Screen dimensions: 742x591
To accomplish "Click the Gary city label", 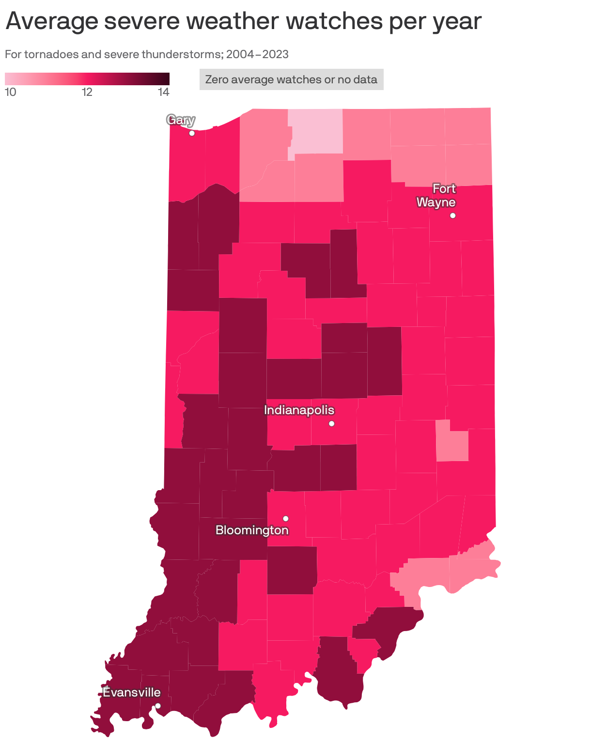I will [181, 120].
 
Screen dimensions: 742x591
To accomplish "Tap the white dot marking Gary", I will [192, 133].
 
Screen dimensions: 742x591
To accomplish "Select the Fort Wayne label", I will [436, 195].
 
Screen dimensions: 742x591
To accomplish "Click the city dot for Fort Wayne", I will [453, 216].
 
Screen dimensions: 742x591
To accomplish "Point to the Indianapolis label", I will [299, 410].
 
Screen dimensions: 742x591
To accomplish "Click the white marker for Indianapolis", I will [332, 424].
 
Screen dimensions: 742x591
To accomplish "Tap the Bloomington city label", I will [252, 530].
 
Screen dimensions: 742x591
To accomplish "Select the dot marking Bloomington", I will [286, 519].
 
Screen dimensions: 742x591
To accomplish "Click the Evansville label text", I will [132, 692].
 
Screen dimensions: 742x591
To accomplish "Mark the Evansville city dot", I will [158, 706].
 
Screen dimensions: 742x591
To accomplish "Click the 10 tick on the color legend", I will [10, 92].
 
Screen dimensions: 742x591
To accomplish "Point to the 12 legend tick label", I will [87, 92].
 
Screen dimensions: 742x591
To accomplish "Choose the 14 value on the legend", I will [164, 92].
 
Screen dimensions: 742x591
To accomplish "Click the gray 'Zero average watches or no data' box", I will [291, 79].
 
